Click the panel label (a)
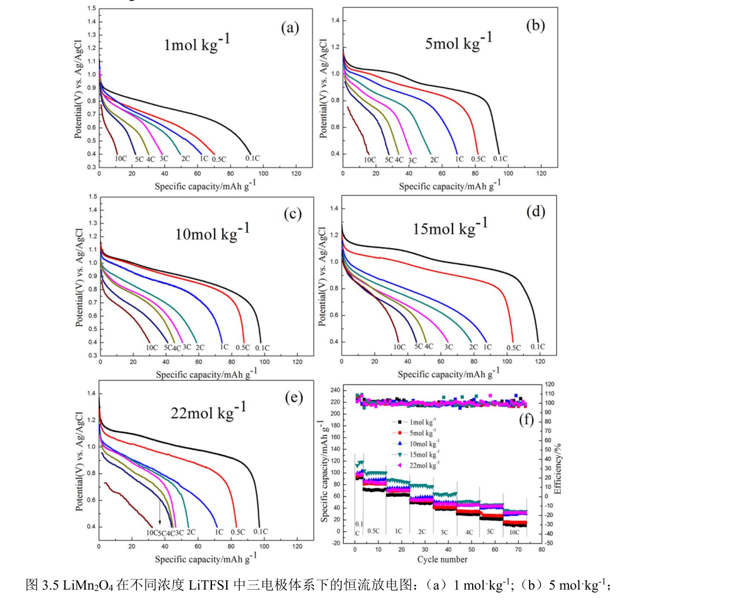click(x=289, y=28)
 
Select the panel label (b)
click(x=535, y=26)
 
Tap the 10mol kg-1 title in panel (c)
click(x=212, y=232)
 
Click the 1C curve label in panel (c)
click(x=223, y=347)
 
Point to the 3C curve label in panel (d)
click(x=449, y=347)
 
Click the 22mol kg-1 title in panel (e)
click(x=209, y=412)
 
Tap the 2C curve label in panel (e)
click(x=190, y=532)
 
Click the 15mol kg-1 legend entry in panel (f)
click(x=422, y=454)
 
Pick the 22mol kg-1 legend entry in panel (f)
click(x=422, y=464)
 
